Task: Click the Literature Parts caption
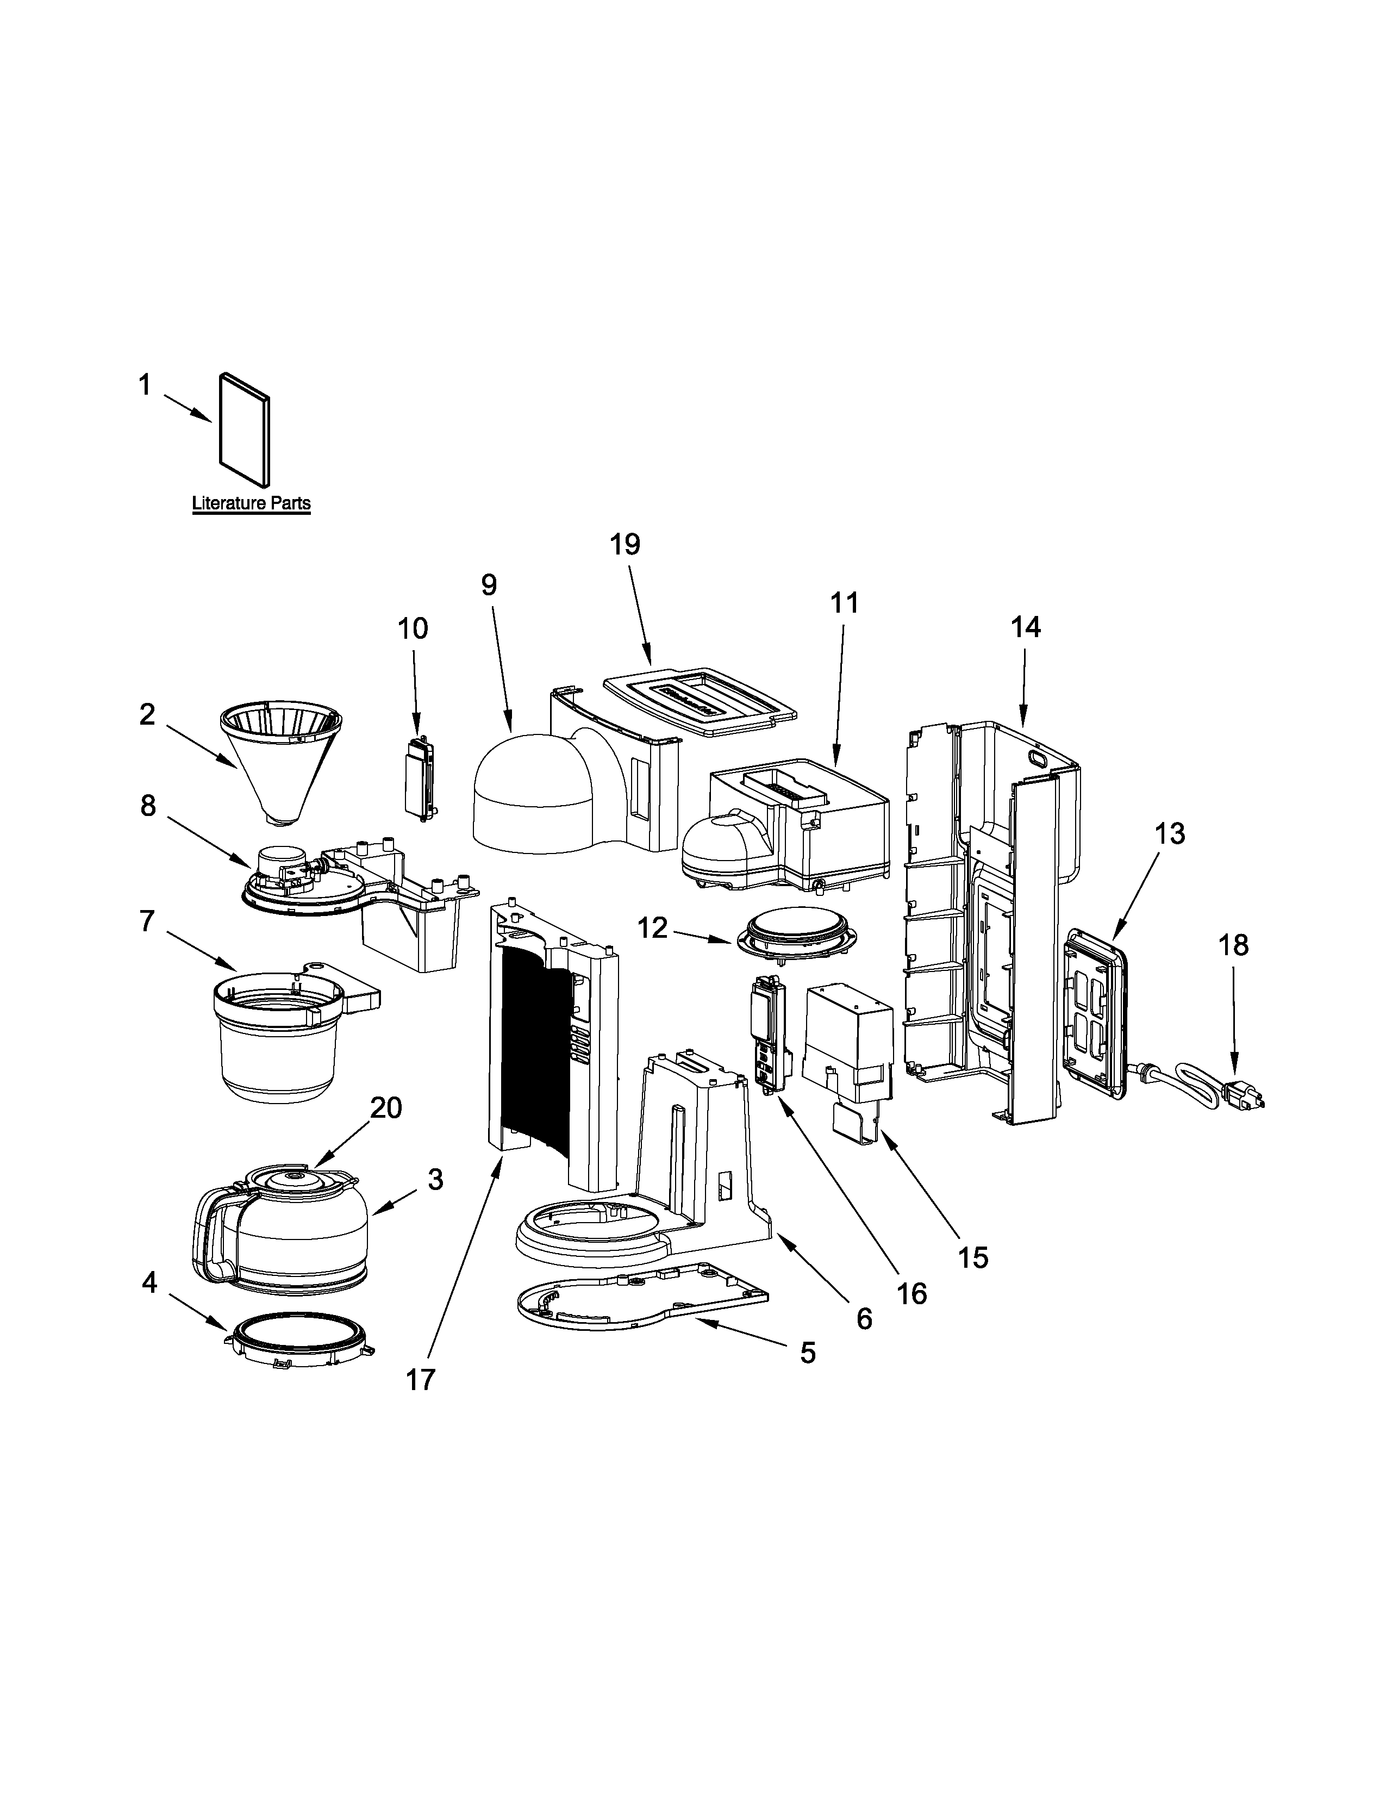(251, 503)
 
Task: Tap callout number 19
(625, 545)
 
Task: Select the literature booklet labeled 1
(245, 429)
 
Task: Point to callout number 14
(1026, 627)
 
